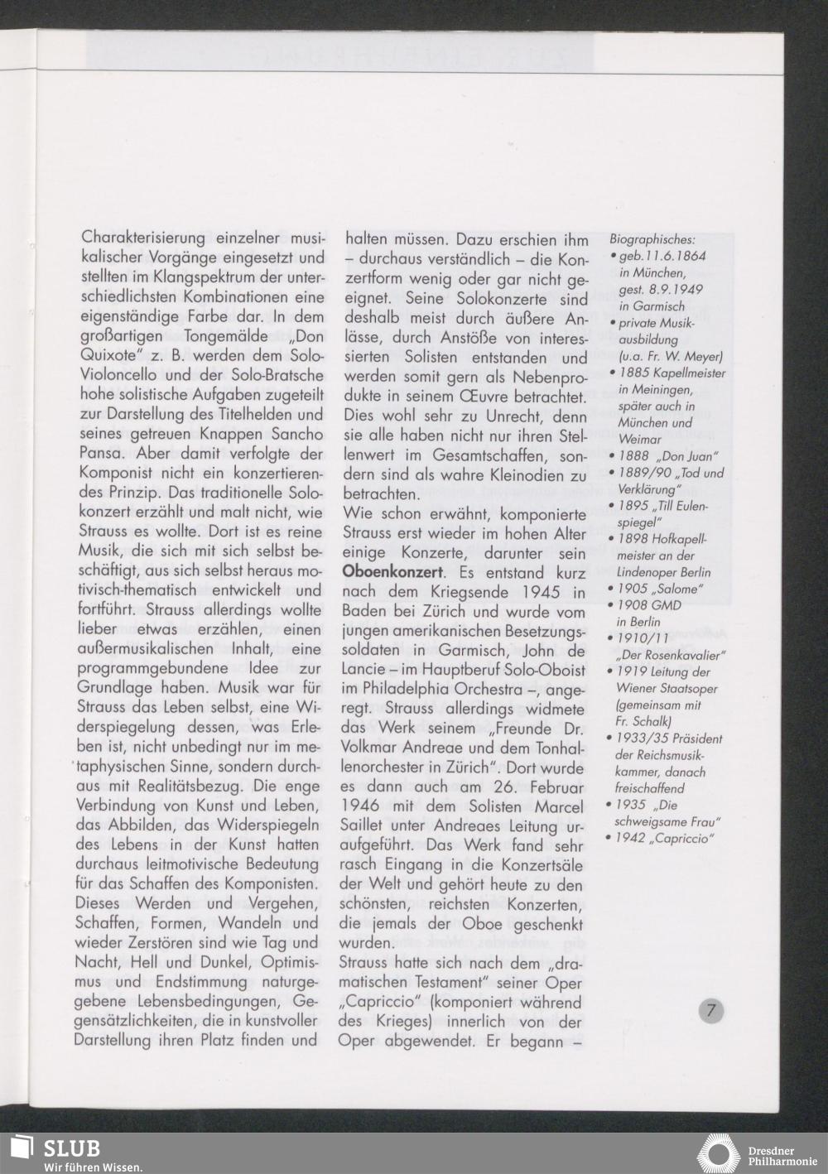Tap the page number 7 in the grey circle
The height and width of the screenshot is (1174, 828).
[x=711, y=1011]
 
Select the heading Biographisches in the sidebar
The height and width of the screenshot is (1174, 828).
[x=652, y=238]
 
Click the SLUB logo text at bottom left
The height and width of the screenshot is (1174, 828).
[x=71, y=1148]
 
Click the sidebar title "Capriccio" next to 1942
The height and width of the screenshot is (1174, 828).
[x=682, y=838]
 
